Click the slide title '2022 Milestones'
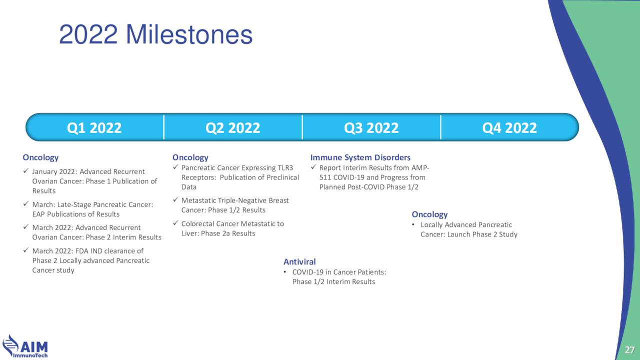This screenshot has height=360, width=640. pos(155,34)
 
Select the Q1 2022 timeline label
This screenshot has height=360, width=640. pos(94,127)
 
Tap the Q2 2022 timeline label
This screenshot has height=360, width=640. pos(233,127)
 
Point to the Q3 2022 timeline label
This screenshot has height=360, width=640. pos(371,127)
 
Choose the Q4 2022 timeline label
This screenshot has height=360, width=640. pos(509,127)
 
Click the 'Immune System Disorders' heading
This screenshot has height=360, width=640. pos(360,157)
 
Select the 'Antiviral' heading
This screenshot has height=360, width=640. pos(299,261)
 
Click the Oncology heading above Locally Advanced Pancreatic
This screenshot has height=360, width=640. pos(429,214)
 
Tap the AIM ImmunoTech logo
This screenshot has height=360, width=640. pos(25,346)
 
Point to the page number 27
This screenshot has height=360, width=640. pos(629,350)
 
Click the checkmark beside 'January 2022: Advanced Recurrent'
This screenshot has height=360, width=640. pos(26,171)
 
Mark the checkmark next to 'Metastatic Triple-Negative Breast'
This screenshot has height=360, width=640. pos(175,199)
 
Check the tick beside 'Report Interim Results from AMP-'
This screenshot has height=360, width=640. pos(313,167)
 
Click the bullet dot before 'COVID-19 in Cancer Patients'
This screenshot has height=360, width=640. pos(285,272)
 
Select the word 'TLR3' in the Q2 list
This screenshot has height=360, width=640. pos(285,167)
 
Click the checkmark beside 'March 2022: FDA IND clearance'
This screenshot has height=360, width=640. pos(26,250)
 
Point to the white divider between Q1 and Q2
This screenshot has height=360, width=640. pos(163,127)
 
